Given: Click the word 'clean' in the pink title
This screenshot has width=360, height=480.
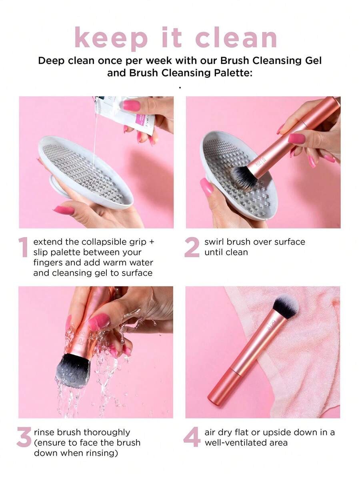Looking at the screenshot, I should pyautogui.click(x=236, y=38).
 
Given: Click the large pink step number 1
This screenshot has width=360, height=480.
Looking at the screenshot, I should pyautogui.click(x=23, y=247).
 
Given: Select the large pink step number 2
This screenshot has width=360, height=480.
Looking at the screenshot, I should pyautogui.click(x=192, y=247).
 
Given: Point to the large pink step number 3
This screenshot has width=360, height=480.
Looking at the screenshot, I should pyautogui.click(x=24, y=437).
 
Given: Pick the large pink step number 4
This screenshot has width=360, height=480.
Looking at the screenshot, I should pyautogui.click(x=192, y=437).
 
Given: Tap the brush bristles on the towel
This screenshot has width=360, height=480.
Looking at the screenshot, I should pyautogui.click(x=286, y=306).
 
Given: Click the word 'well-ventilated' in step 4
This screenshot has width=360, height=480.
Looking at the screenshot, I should pyautogui.click(x=234, y=443).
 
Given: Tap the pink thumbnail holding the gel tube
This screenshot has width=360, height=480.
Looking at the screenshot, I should pyautogui.click(x=132, y=106).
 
